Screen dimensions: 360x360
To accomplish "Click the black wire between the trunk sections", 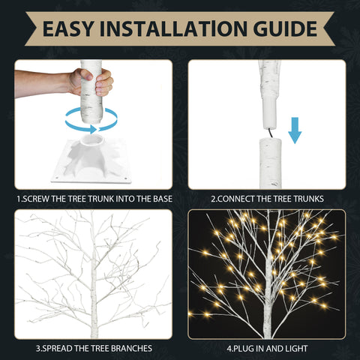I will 270,133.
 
